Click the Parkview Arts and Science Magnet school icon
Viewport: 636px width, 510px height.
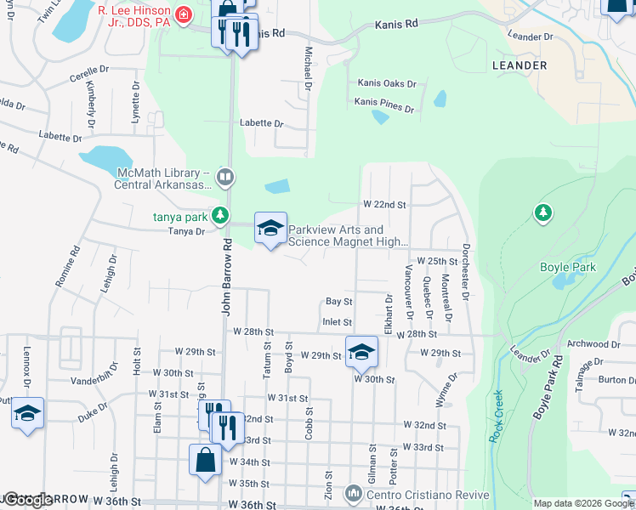(271, 229)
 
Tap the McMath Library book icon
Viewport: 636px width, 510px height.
(224, 177)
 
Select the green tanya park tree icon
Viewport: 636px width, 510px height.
(220, 215)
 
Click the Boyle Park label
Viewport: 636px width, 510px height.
(569, 267)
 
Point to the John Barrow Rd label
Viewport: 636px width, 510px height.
(227, 277)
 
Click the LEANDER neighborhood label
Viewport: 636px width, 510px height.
(519, 65)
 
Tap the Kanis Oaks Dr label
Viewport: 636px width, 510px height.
(387, 84)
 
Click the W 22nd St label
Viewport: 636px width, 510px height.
(384, 205)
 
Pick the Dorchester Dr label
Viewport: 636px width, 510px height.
(466, 272)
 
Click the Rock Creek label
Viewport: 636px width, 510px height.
(497, 416)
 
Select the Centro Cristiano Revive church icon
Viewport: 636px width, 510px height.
(353, 493)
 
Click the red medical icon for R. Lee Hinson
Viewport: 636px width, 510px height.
(180, 15)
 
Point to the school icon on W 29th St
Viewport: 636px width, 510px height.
(361, 351)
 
